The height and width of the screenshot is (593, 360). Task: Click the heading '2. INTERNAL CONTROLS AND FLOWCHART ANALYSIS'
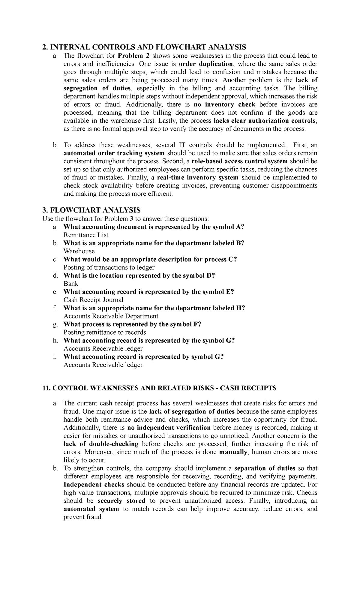click(x=144, y=47)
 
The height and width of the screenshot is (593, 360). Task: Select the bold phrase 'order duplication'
click(x=205, y=64)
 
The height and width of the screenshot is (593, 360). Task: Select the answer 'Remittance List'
click(x=86, y=235)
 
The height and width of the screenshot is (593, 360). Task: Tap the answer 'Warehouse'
click(x=79, y=251)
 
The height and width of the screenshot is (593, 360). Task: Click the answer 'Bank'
click(x=71, y=284)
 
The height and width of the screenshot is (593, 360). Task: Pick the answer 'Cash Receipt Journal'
click(x=93, y=300)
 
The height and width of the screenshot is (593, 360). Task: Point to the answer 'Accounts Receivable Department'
click(x=111, y=316)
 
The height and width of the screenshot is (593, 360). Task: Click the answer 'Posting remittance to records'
click(x=105, y=332)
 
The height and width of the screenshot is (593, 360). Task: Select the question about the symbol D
click(x=139, y=275)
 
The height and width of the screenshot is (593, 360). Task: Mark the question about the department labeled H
click(x=154, y=308)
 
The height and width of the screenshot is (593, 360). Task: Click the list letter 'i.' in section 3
click(x=54, y=357)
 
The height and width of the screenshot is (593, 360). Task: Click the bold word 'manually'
click(x=234, y=452)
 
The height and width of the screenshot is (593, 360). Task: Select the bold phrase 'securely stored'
click(x=121, y=501)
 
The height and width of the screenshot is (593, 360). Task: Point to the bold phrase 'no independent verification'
click(x=169, y=428)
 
